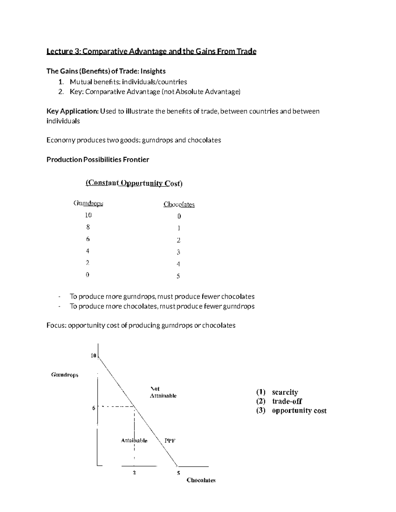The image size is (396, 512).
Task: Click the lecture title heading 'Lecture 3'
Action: (151, 51)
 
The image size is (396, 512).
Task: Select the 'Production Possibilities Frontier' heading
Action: (98, 160)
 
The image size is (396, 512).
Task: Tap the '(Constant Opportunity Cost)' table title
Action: (134, 183)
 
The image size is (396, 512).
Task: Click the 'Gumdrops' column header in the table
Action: (88, 203)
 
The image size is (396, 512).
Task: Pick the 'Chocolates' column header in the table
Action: (179, 204)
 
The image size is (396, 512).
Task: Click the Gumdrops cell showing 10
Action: (88, 215)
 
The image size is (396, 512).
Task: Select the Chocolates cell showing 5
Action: (178, 276)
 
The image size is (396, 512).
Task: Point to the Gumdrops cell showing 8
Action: (88, 227)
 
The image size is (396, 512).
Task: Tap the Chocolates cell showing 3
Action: (178, 252)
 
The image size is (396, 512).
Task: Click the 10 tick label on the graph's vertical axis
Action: (93, 356)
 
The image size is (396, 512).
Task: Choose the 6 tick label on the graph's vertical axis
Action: (94, 408)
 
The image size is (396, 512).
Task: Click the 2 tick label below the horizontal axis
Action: (134, 472)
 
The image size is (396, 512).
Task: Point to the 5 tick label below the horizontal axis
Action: (179, 473)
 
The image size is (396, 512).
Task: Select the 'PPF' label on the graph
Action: (170, 440)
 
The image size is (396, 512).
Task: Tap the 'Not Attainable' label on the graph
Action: (163, 392)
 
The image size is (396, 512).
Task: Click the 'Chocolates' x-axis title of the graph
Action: (201, 480)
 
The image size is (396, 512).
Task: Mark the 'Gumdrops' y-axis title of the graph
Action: (65, 375)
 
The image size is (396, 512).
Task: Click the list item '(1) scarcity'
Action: (277, 392)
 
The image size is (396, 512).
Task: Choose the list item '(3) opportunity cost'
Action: (291, 410)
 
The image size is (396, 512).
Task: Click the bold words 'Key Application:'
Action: (72, 111)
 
